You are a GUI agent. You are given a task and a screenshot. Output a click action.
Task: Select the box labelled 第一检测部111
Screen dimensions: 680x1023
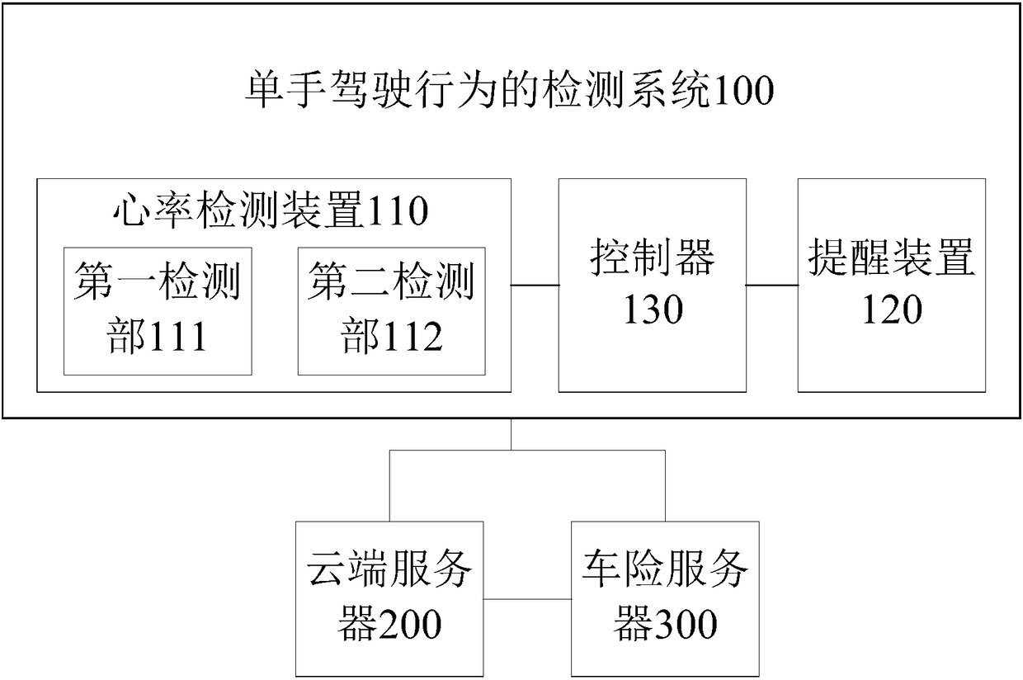158,311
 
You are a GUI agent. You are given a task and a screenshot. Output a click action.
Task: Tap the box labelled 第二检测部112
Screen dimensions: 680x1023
391,311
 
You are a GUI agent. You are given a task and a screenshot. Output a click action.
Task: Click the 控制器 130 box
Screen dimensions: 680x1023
653,285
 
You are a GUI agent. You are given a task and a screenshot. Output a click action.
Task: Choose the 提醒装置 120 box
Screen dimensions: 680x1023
891,285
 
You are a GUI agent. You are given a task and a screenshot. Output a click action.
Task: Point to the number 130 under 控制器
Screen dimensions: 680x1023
653,310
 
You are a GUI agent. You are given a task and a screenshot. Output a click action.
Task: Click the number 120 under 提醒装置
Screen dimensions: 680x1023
891,310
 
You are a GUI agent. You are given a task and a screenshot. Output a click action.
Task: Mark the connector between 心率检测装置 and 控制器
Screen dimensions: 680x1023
535,286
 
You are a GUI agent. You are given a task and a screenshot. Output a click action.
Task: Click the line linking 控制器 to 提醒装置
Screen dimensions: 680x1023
771,286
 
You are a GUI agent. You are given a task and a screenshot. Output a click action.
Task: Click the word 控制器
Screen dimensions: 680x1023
653,259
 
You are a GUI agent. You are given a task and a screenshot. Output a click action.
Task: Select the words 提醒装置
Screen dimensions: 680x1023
891,259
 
